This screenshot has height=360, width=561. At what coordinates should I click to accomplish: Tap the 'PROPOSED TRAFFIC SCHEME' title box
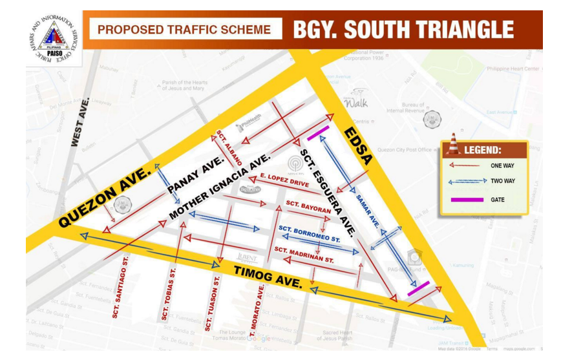(185, 30)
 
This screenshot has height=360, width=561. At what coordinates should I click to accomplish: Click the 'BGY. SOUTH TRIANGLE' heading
(403, 30)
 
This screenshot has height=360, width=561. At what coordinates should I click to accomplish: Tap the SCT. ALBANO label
(229, 146)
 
